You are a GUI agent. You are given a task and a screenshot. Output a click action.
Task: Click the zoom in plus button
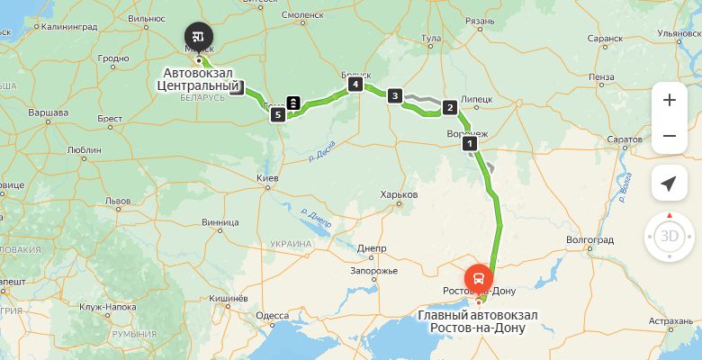[669, 100]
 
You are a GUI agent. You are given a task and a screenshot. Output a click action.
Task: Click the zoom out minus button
[669, 136]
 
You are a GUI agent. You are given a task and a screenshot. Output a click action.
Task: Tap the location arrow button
[669, 184]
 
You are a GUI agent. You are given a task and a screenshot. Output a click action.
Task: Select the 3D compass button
[669, 237]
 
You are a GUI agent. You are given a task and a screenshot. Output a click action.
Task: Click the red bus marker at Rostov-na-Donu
[478, 277]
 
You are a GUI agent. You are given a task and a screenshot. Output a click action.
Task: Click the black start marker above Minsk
[198, 36]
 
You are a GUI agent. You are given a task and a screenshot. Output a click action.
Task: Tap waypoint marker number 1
[469, 143]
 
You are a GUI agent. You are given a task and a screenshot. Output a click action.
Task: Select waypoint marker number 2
[448, 108]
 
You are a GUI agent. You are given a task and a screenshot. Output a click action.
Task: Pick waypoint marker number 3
[394, 95]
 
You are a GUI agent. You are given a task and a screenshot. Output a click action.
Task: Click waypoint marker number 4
[356, 85]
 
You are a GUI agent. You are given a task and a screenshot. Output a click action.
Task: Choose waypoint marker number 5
[278, 114]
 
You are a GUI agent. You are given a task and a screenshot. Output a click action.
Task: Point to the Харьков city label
[400, 194]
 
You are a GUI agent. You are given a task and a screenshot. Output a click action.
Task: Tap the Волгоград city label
[589, 240]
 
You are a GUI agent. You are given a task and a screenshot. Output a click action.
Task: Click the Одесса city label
[272, 316]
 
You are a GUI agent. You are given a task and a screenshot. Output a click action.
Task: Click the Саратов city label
[624, 141]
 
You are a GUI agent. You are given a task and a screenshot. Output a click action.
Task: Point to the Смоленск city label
[302, 15]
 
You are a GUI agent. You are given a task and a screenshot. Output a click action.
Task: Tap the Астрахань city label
[670, 320]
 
